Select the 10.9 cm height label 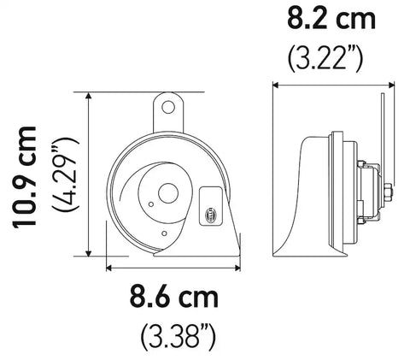tap(27, 175)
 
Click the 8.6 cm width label tap(174, 299)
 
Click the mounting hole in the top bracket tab tap(170, 107)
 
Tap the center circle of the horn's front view tap(167, 194)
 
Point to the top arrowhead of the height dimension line tap(90, 97)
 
